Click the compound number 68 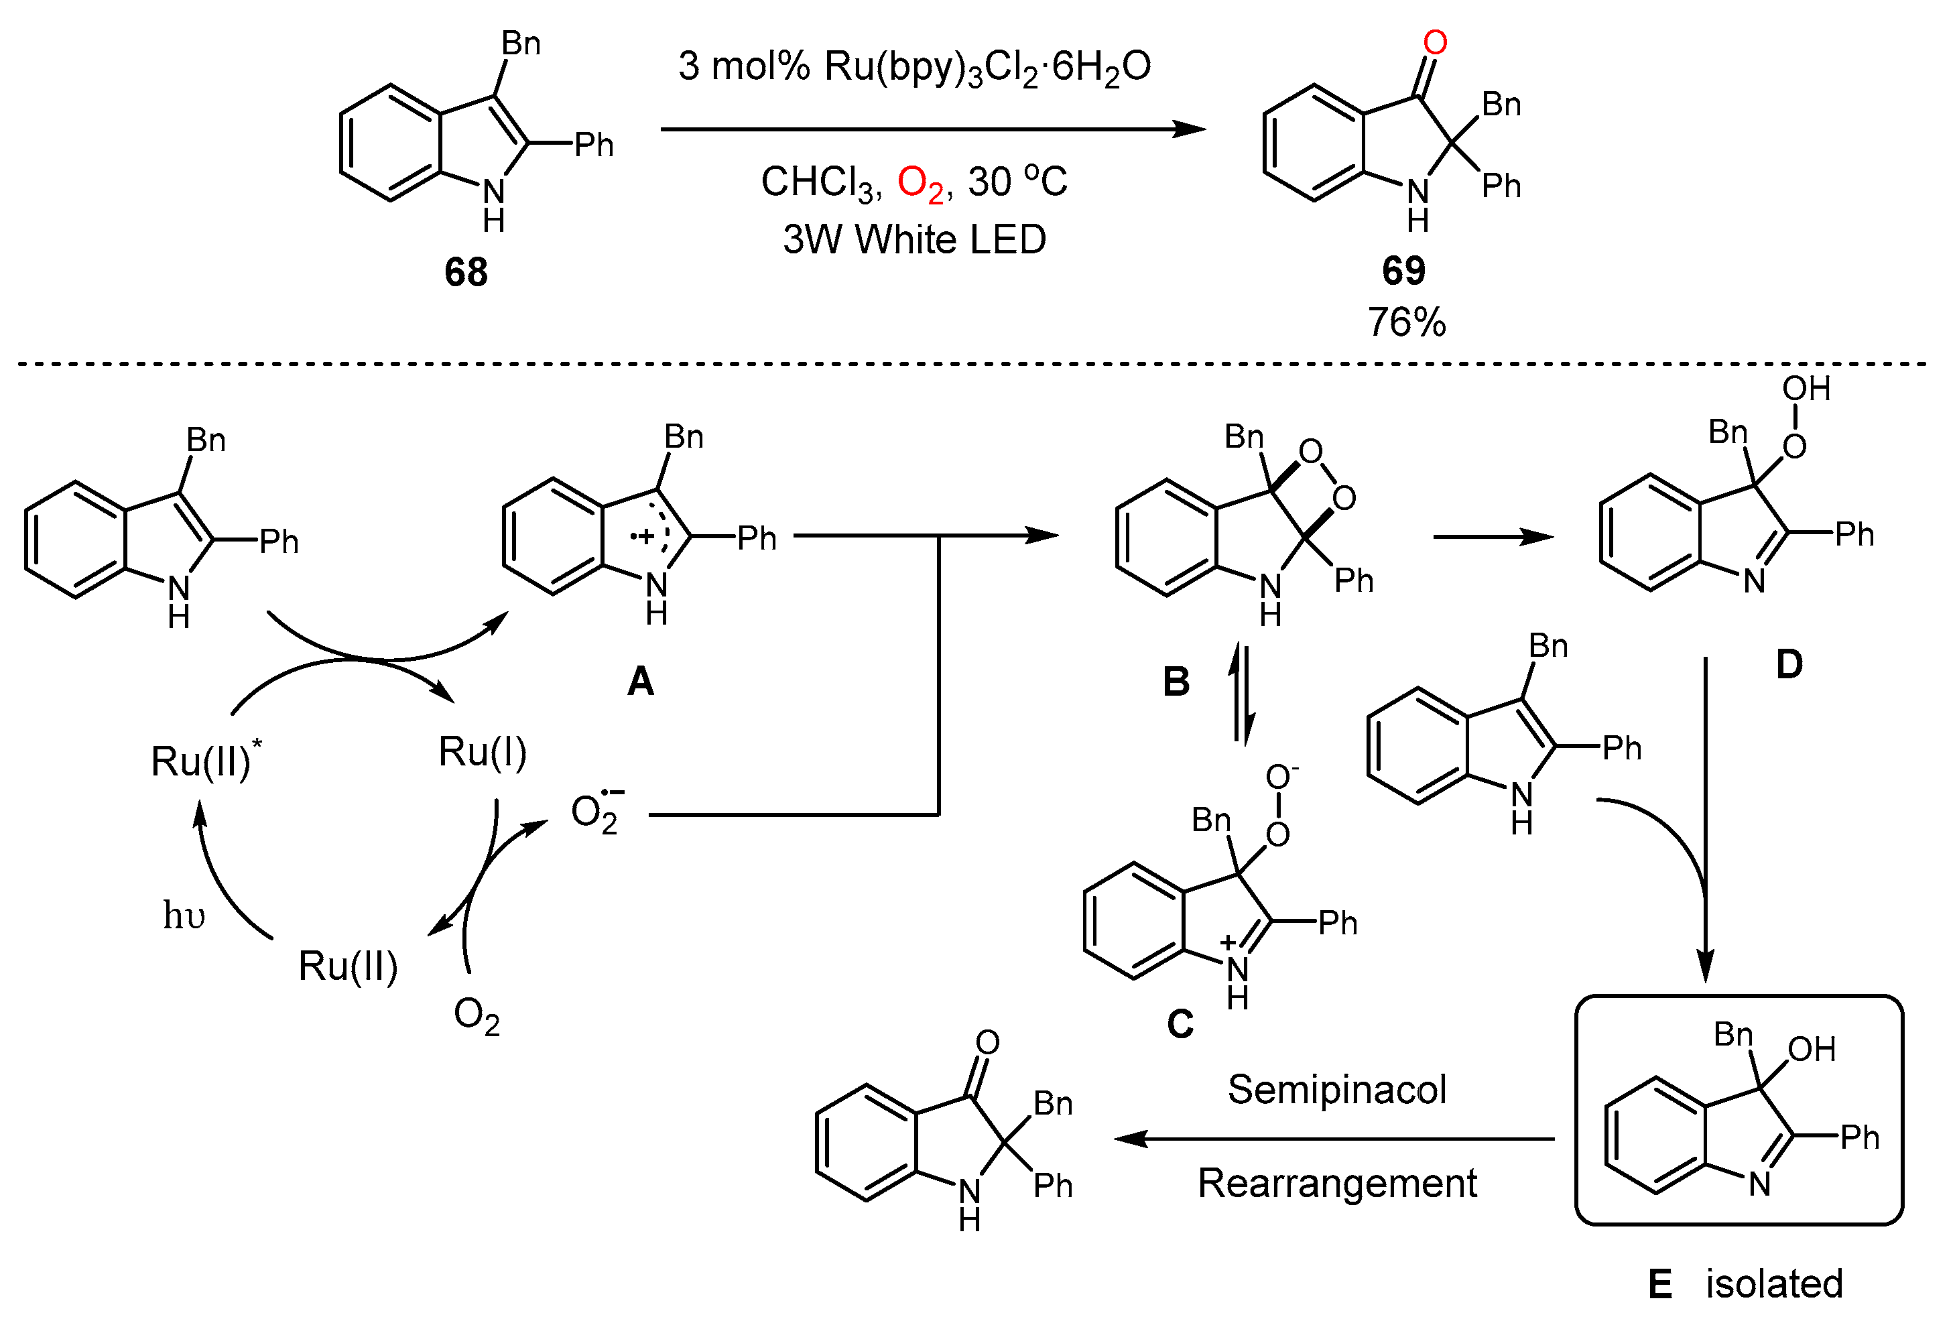click(465, 271)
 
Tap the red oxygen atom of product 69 click(1435, 42)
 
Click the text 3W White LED click(914, 240)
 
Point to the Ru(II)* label click(204, 759)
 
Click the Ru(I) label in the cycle click(482, 751)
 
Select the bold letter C click(1180, 1023)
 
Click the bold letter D click(1789, 665)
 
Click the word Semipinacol click(1336, 1090)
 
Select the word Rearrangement click(1336, 1184)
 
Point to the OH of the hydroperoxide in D click(1806, 389)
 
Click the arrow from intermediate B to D click(1493, 537)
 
